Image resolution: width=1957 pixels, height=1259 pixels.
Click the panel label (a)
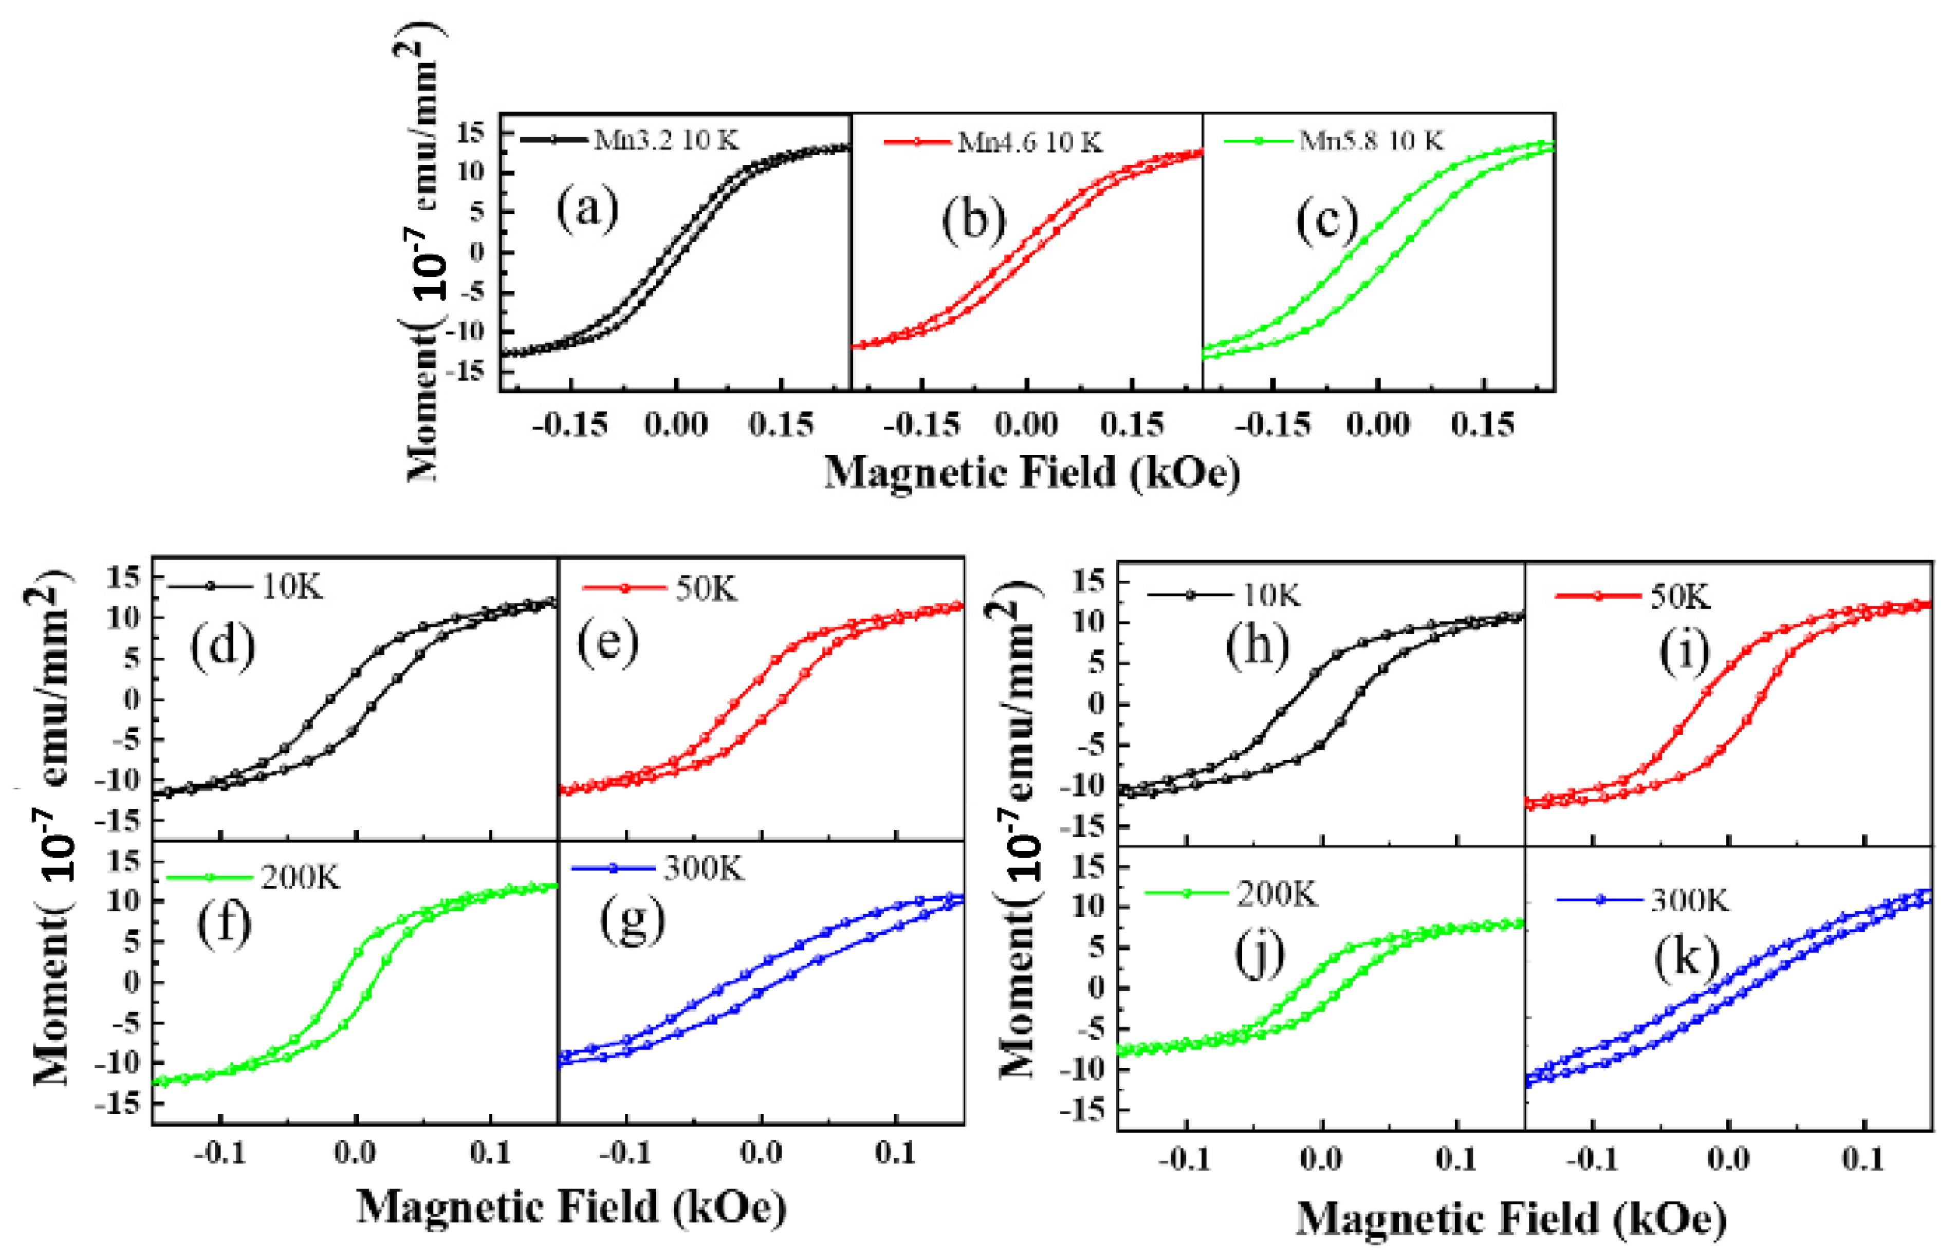(x=587, y=209)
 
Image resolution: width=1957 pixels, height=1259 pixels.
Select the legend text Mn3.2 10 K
(x=666, y=141)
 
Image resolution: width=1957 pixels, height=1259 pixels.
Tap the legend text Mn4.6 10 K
(x=1029, y=142)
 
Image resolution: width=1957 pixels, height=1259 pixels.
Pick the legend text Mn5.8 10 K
(x=1371, y=141)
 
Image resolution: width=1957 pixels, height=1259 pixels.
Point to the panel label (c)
(x=1327, y=221)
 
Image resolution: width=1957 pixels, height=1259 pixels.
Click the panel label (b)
(x=973, y=221)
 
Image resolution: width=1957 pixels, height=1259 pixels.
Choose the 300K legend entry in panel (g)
(x=703, y=869)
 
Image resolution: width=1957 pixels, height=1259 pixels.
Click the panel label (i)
(x=1684, y=654)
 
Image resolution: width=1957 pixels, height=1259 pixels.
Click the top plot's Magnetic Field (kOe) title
(x=1031, y=473)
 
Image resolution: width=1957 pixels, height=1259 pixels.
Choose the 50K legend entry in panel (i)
(x=1680, y=597)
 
